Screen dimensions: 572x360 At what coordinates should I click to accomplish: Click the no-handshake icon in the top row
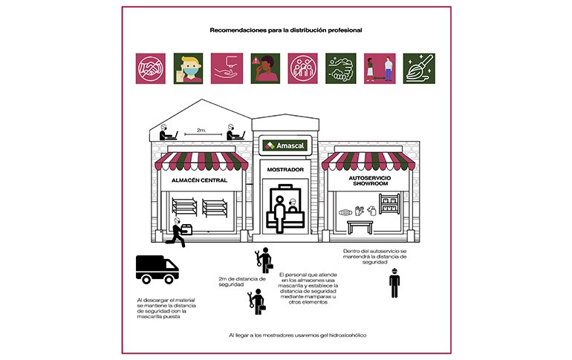pos(150,68)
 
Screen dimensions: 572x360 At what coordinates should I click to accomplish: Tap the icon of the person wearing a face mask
pos(188,68)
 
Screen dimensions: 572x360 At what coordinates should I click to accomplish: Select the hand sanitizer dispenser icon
pos(227,68)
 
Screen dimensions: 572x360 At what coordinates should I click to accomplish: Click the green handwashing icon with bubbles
pos(341,68)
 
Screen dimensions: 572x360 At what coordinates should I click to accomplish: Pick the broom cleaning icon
pos(419,68)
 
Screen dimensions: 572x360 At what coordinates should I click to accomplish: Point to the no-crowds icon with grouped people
pos(302,68)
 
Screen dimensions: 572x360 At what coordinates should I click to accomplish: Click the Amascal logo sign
pos(285,145)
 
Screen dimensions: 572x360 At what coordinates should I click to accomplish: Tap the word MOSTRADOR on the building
pos(285,169)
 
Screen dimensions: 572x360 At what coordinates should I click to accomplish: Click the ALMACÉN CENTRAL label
pos(199,180)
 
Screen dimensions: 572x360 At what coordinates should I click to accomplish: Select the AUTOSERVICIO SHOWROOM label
pos(370,180)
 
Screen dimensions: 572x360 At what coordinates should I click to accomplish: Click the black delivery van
pos(157,269)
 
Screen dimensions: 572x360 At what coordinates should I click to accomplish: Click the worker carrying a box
pos(179,232)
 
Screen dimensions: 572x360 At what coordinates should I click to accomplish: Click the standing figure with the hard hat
pos(394,283)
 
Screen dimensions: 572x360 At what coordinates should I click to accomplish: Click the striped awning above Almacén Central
pos(201,161)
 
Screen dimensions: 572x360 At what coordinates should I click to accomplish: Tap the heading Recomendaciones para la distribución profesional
pos(286,30)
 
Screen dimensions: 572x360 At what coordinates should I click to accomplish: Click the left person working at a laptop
pos(167,132)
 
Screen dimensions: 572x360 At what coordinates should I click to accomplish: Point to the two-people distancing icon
pos(380,68)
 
